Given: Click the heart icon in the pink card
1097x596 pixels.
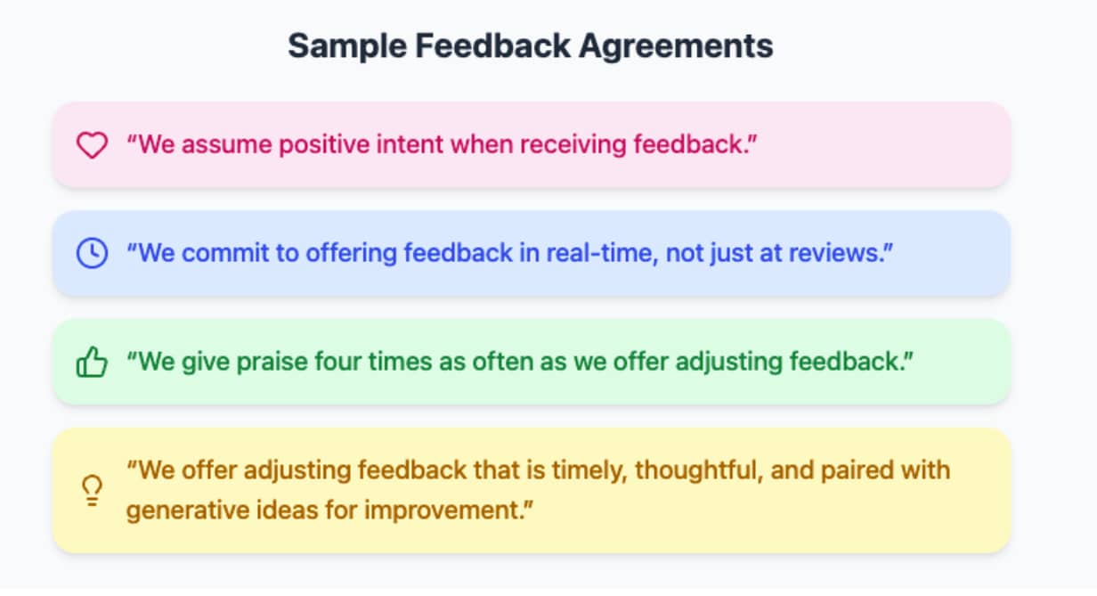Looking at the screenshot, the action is click(92, 145).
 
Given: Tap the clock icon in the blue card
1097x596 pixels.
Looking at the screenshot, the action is click(92, 253).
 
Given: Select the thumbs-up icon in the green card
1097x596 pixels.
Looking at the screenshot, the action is click(92, 363).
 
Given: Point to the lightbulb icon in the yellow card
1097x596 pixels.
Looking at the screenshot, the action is click(92, 490).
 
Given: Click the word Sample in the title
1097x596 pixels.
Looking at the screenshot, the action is click(347, 46).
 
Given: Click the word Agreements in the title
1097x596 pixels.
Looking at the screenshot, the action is click(676, 46).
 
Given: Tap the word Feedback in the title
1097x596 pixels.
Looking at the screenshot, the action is click(493, 45).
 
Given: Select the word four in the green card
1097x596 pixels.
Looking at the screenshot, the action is click(338, 362).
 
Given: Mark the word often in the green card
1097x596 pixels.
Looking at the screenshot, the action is click(503, 362).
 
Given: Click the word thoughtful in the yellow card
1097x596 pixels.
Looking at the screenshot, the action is click(699, 470).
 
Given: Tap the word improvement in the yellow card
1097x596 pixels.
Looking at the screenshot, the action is click(443, 510).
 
